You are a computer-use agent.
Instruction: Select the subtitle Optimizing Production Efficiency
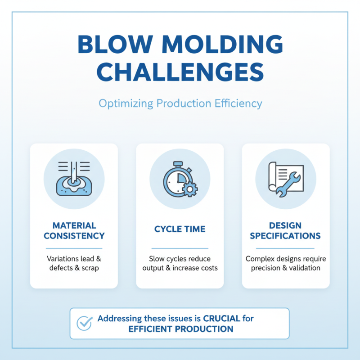pyautogui.click(x=180, y=103)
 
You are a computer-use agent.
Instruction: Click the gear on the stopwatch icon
pyautogui.click(x=190, y=189)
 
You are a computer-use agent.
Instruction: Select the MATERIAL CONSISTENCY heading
pyautogui.click(x=74, y=230)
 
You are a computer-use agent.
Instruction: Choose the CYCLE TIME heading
pyautogui.click(x=180, y=229)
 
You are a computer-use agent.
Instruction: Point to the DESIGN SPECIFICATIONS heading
pyautogui.click(x=285, y=230)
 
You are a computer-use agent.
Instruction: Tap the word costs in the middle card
pyautogui.click(x=207, y=268)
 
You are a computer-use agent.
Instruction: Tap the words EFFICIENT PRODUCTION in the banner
pyautogui.click(x=180, y=329)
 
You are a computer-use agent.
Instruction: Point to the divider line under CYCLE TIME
pyautogui.click(x=180, y=248)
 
